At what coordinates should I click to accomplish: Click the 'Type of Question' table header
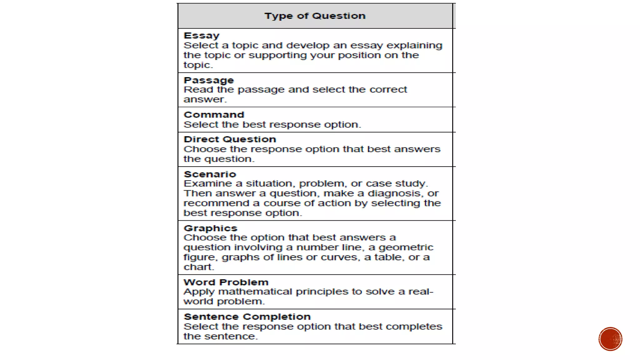(315, 16)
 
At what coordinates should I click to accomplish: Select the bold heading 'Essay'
(202, 36)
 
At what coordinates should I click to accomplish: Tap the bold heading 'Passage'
(209, 80)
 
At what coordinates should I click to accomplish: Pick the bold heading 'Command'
(214, 115)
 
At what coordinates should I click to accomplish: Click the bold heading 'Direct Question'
(230, 139)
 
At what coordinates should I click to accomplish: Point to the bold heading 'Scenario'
(210, 174)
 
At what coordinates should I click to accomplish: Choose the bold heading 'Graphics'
(211, 228)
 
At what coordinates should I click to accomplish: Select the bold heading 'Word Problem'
(226, 282)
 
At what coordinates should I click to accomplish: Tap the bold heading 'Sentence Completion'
(247, 317)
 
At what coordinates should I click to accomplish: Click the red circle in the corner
(610, 339)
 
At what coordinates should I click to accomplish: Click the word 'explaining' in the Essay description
(414, 46)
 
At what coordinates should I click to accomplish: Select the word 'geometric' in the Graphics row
(406, 247)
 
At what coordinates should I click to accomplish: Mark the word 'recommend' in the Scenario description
(216, 203)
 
